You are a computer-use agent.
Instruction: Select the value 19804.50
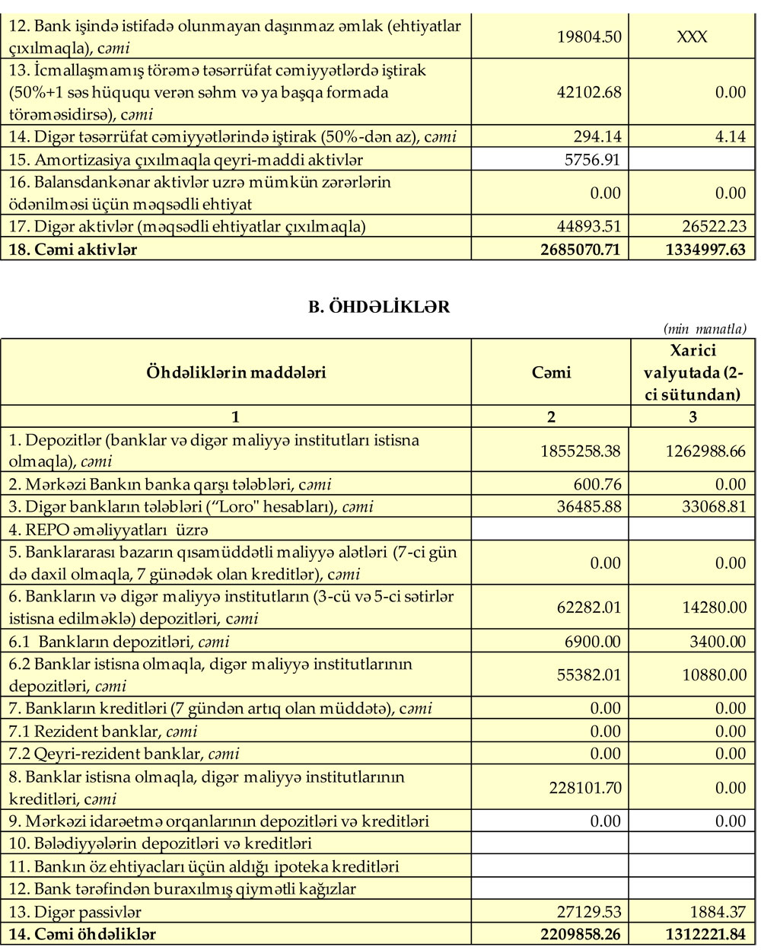(x=589, y=37)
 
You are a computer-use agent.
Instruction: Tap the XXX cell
(x=692, y=37)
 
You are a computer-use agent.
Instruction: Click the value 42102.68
(x=589, y=92)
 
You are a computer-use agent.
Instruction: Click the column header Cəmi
(x=551, y=372)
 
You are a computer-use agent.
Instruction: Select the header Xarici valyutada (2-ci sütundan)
(x=693, y=372)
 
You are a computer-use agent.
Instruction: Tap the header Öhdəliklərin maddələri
(x=236, y=372)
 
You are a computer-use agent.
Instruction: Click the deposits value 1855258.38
(x=581, y=451)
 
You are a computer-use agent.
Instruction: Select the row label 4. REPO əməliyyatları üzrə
(x=108, y=529)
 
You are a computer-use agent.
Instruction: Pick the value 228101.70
(x=585, y=788)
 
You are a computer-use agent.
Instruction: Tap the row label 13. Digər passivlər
(x=75, y=912)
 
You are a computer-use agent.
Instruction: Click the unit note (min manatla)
(x=705, y=329)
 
